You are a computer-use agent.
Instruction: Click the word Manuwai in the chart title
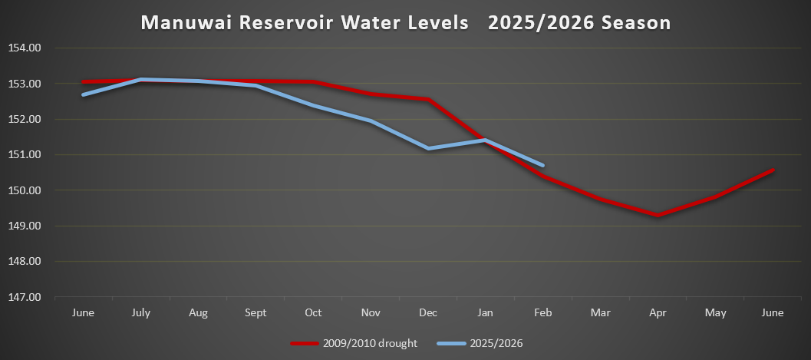(x=186, y=23)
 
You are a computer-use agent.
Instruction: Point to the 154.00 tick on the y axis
(x=25, y=48)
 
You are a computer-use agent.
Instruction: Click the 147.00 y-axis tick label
(x=25, y=297)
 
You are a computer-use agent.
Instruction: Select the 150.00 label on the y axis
(x=25, y=190)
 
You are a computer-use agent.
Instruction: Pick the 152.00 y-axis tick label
(x=25, y=119)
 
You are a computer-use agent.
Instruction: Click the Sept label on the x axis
(x=255, y=312)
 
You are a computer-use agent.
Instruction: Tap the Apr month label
(x=658, y=312)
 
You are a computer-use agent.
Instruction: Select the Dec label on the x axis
(x=428, y=312)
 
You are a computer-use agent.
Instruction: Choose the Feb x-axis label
(x=542, y=312)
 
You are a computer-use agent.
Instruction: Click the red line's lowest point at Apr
(x=658, y=216)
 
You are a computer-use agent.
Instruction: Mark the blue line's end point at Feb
(x=542, y=165)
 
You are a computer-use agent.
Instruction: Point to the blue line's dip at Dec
(x=428, y=148)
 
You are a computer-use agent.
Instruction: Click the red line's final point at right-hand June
(x=773, y=170)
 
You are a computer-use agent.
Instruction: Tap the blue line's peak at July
(x=140, y=79)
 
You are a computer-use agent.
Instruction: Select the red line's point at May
(x=715, y=197)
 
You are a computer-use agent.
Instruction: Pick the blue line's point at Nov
(x=371, y=121)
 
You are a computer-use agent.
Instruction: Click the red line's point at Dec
(x=428, y=99)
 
